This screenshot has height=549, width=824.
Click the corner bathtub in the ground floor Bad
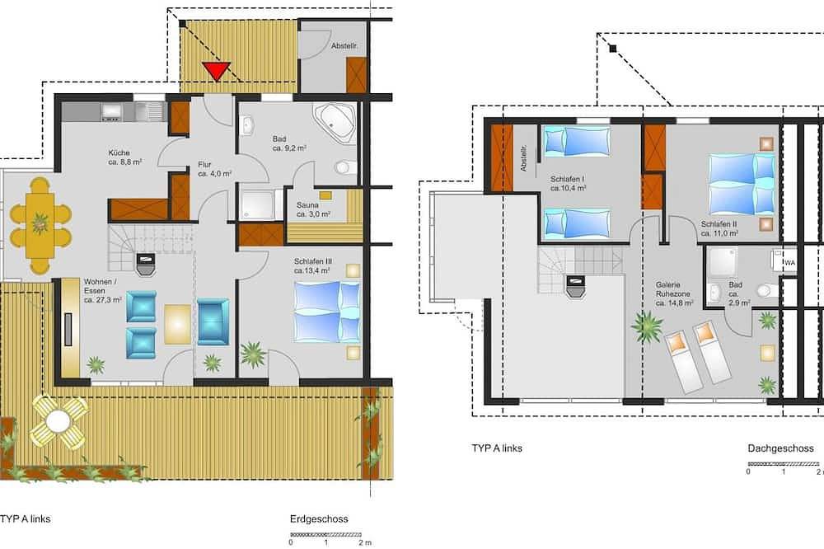(x=335, y=123)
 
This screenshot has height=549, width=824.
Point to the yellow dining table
(x=40, y=225)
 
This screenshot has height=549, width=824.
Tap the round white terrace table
(x=58, y=421)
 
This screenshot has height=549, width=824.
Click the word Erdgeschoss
(x=319, y=519)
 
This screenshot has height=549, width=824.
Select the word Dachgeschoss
(x=780, y=448)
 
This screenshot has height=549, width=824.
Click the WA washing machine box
(x=789, y=262)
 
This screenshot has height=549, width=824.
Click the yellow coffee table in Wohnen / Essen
(x=178, y=324)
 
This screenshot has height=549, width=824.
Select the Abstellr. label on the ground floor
(x=344, y=46)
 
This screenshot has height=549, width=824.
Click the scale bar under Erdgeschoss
(x=325, y=535)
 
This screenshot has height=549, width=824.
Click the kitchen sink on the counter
(x=148, y=111)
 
